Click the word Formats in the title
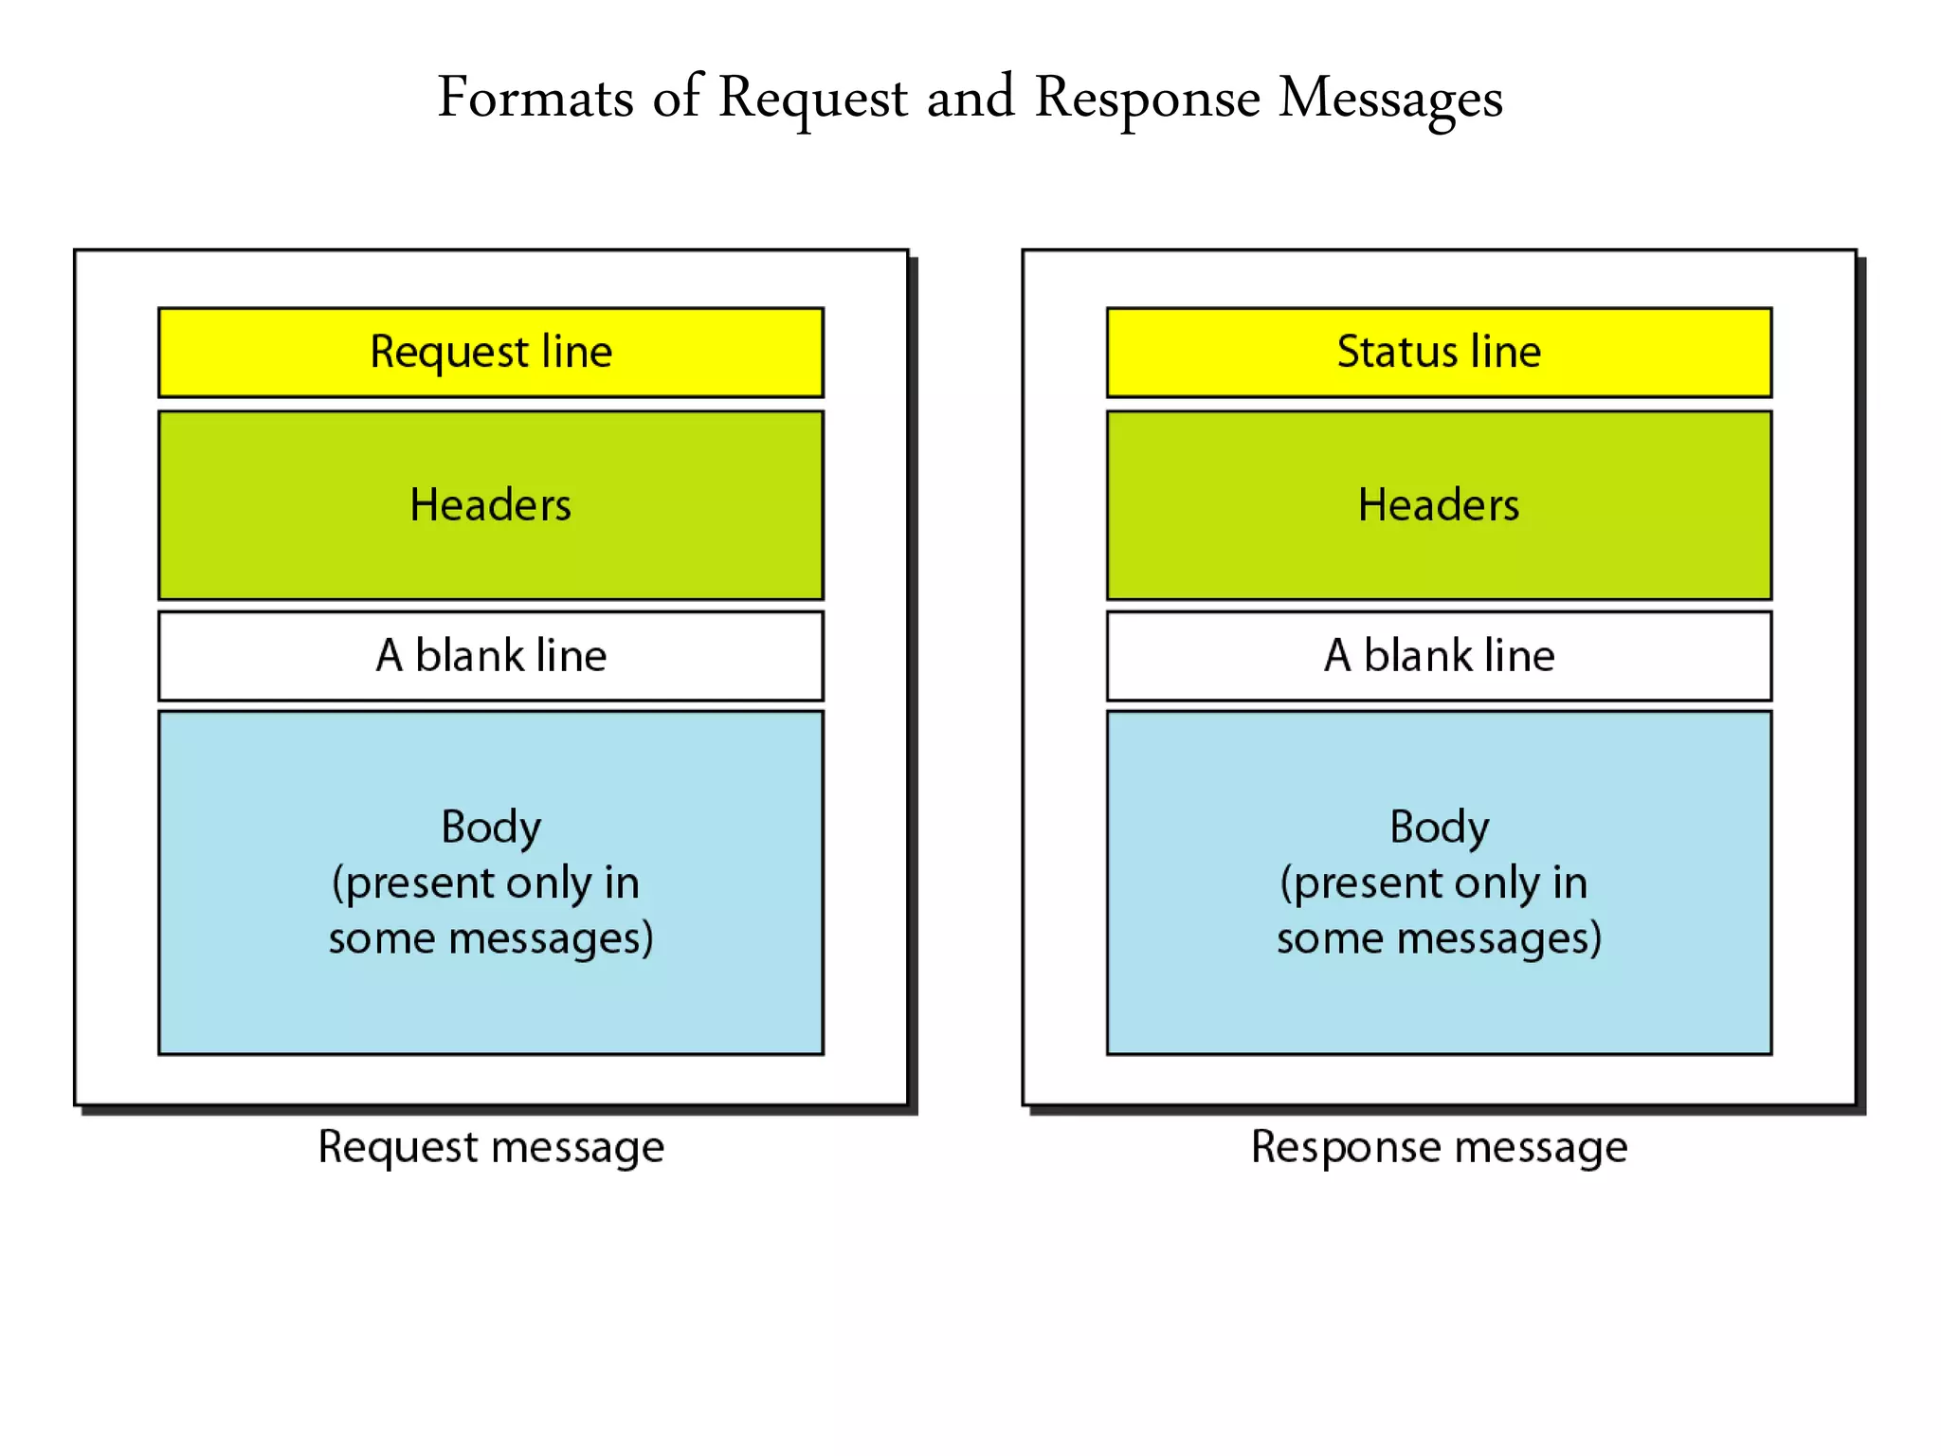click(x=535, y=98)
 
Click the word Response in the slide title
click(x=1147, y=98)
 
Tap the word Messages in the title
click(x=1390, y=98)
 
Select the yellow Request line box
click(x=491, y=352)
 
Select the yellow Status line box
click(x=1439, y=352)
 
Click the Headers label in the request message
click(x=491, y=504)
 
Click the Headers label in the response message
click(x=1439, y=504)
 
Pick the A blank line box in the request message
click(x=491, y=656)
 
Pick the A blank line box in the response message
click(x=1439, y=656)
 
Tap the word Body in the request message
click(x=491, y=827)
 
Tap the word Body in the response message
click(x=1439, y=827)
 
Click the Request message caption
click(x=491, y=1147)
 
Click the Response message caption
click(x=1439, y=1147)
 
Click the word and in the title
click(x=970, y=98)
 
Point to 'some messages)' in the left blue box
click(x=491, y=938)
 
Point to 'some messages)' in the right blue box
click(x=1439, y=938)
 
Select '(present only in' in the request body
click(x=485, y=883)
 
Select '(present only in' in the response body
click(x=1433, y=883)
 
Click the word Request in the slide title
click(x=813, y=98)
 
